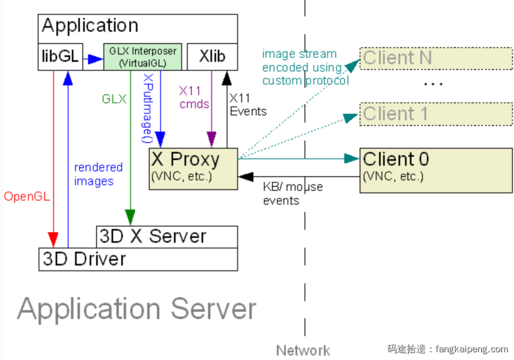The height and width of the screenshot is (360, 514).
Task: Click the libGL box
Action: (60, 57)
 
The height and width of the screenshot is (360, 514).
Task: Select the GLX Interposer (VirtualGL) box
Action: (143, 57)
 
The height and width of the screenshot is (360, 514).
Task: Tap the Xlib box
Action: (212, 57)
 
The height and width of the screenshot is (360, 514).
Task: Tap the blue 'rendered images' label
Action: (98, 174)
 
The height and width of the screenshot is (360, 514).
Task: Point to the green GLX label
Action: (114, 99)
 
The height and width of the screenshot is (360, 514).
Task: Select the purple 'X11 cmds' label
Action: (193, 98)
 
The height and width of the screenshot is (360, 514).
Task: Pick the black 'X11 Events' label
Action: (247, 105)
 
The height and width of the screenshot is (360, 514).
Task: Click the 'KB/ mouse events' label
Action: (292, 194)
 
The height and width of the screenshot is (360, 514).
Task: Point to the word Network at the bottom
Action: (303, 350)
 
